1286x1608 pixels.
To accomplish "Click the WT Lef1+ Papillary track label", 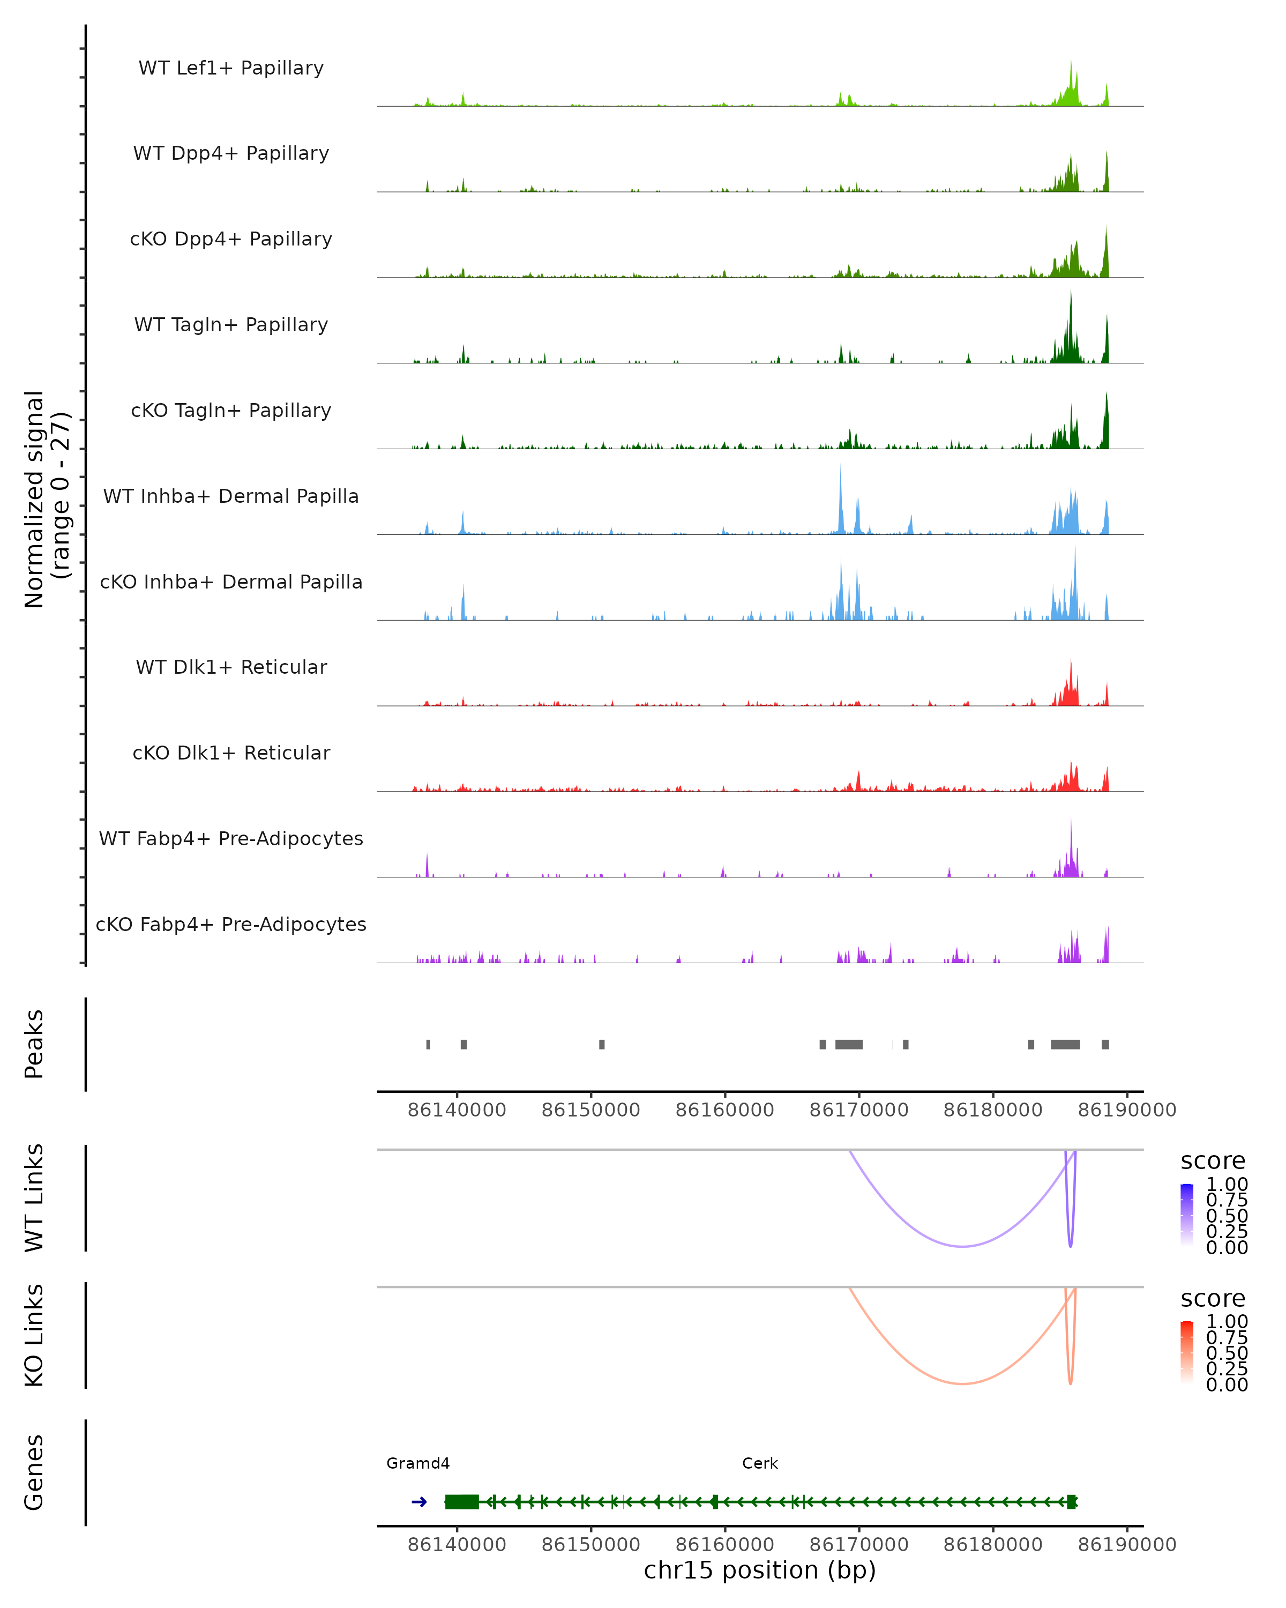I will (231, 68).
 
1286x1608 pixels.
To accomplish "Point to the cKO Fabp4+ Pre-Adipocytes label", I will (231, 924).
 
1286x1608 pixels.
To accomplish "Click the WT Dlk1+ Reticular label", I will (231, 667).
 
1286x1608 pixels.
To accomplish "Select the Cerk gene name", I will (760, 1463).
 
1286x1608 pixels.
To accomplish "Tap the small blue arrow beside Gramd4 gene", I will (419, 1502).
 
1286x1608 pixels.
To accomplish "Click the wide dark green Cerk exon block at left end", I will (461, 1502).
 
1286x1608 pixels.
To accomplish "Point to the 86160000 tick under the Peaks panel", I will (724, 1110).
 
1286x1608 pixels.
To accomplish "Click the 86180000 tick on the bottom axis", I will (993, 1545).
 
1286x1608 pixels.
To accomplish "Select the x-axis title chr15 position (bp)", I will (760, 1570).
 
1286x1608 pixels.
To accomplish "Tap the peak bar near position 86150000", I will (602, 1044).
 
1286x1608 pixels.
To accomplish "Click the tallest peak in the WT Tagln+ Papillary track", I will (1071, 292).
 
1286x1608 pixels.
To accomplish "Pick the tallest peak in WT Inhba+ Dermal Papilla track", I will (840, 467).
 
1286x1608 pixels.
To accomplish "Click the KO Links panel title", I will (34, 1335).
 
